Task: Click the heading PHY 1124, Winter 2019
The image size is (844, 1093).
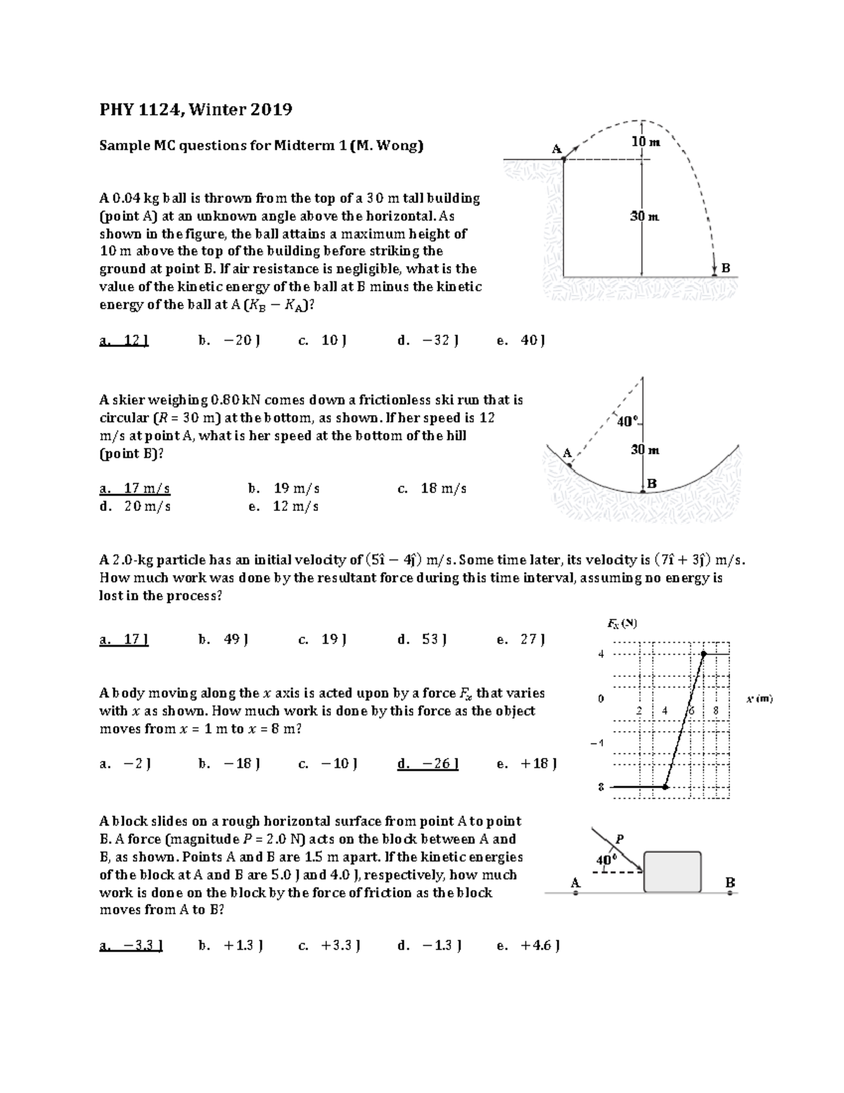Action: [196, 110]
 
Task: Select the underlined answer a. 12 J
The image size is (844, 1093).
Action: [124, 341]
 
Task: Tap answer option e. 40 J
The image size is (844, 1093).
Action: [521, 341]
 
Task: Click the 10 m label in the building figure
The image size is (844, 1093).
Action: [645, 141]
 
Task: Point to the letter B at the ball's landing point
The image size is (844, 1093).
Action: [726, 268]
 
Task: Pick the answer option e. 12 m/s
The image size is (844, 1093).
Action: [284, 506]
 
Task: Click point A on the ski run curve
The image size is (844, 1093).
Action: [570, 465]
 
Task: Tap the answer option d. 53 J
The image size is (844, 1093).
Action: [422, 640]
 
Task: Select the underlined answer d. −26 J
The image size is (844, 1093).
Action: [428, 764]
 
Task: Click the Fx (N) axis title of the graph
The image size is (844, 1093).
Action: [622, 623]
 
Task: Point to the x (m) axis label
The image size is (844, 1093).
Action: [760, 699]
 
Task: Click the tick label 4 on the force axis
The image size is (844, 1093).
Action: [601, 654]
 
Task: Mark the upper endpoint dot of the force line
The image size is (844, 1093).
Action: [703, 654]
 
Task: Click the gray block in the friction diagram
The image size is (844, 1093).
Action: [672, 872]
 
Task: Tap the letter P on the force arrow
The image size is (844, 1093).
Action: [620, 838]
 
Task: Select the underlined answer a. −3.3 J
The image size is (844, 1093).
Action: [132, 946]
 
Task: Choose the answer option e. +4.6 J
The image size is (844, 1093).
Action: [528, 946]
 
